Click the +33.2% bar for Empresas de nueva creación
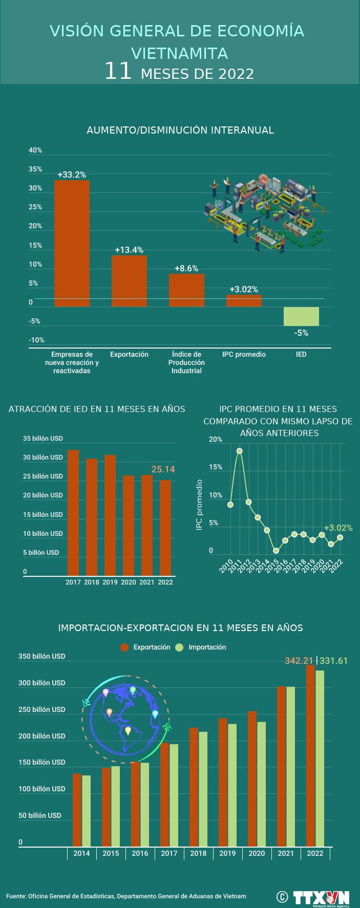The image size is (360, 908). point(72,243)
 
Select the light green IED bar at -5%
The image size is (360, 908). point(301,316)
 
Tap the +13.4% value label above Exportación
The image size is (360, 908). point(129,250)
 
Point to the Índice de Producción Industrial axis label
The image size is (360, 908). point(186,362)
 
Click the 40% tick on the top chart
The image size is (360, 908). point(35,150)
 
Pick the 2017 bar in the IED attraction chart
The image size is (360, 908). point(73,512)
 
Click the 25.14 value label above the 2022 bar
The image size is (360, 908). point(163,469)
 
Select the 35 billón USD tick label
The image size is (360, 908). point(43,439)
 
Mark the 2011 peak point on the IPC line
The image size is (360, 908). point(239,451)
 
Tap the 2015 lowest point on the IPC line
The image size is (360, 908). point(276,551)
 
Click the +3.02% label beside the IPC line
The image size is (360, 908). point(338,528)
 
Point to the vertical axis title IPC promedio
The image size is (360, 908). point(200,505)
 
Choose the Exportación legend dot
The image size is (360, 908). point(124,647)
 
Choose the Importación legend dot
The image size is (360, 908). point(179,647)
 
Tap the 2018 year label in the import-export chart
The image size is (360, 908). point(198,853)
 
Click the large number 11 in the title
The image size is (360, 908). point(118,72)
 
